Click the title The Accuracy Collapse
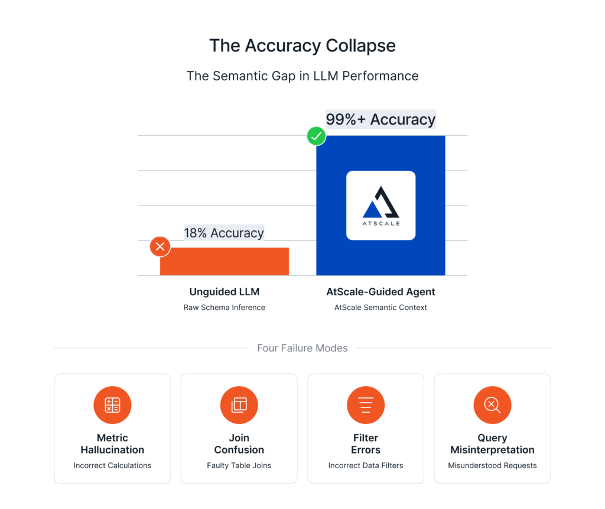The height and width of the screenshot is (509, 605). (302, 46)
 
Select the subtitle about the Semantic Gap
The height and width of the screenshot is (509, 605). (302, 76)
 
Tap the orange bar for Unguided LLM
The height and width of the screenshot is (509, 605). (225, 261)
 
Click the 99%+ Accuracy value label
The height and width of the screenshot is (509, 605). (380, 119)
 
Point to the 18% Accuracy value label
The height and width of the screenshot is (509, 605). (223, 233)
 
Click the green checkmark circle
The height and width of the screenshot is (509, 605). (316, 136)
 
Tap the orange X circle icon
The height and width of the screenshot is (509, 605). (160, 246)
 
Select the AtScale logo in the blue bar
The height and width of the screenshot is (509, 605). (380, 205)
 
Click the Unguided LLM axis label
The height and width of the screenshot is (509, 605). (224, 292)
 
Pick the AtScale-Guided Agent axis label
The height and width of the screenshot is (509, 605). (380, 292)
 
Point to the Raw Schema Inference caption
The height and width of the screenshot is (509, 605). (224, 307)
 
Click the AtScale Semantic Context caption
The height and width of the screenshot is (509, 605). (380, 307)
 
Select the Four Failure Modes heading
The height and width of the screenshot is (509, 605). (302, 348)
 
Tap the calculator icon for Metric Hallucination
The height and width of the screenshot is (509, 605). (112, 405)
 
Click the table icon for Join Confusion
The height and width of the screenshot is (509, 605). (239, 405)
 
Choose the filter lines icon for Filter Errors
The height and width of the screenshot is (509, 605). (366, 405)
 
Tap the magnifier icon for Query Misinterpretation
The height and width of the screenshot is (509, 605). (492, 405)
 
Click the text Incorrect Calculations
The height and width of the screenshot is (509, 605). (112, 465)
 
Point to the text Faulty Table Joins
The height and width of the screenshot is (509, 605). (239, 465)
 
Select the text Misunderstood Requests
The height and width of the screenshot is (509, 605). (492, 465)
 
